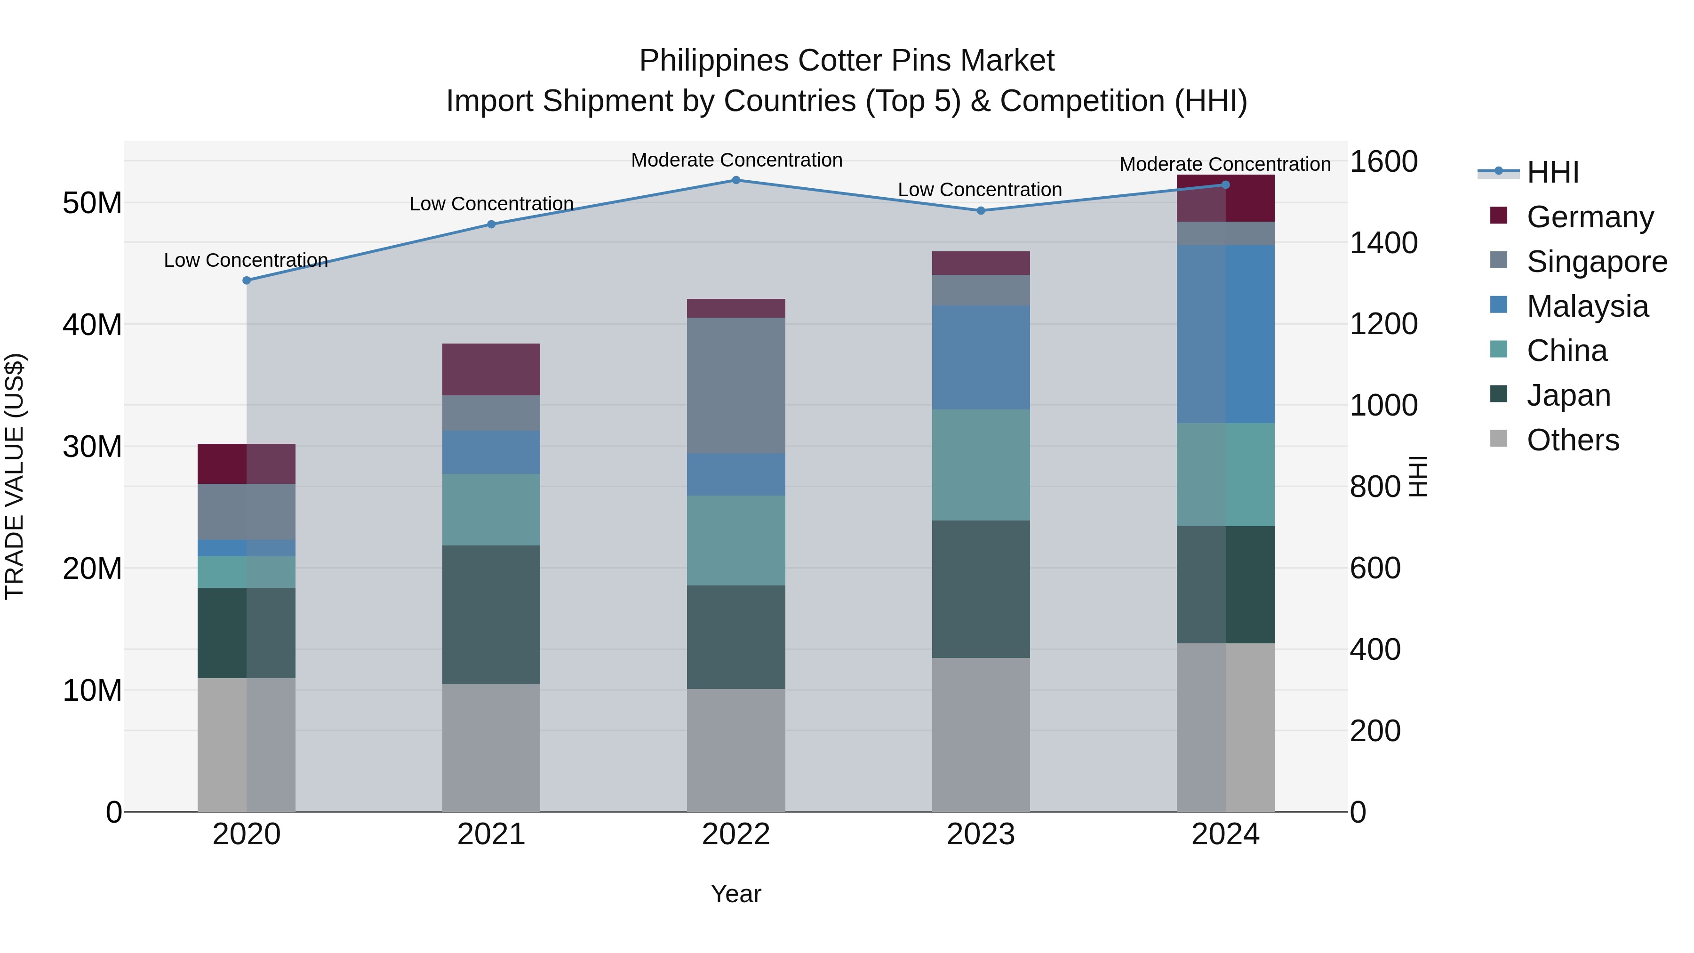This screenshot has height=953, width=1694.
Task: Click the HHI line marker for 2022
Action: (x=736, y=180)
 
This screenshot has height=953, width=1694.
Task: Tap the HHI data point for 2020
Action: (x=247, y=280)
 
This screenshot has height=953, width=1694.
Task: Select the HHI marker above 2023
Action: (x=981, y=210)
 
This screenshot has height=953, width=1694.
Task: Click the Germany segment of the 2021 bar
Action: (x=491, y=369)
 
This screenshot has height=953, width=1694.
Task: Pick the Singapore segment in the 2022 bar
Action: (x=736, y=385)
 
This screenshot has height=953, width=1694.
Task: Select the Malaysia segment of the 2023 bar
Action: (x=981, y=357)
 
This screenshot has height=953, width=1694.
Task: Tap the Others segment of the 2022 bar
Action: (x=736, y=750)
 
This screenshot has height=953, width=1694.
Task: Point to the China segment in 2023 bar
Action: (x=981, y=465)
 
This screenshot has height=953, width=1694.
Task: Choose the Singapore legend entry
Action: (x=1596, y=262)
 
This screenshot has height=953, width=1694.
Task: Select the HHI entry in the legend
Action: (x=1552, y=172)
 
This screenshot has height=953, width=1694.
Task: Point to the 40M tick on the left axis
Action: (x=92, y=325)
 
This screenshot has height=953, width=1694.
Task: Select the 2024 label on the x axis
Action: (x=1225, y=834)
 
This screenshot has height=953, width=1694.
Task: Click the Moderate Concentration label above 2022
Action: (x=736, y=160)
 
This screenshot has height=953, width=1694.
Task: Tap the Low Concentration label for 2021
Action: (x=491, y=204)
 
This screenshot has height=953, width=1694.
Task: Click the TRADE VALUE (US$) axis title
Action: (x=15, y=476)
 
